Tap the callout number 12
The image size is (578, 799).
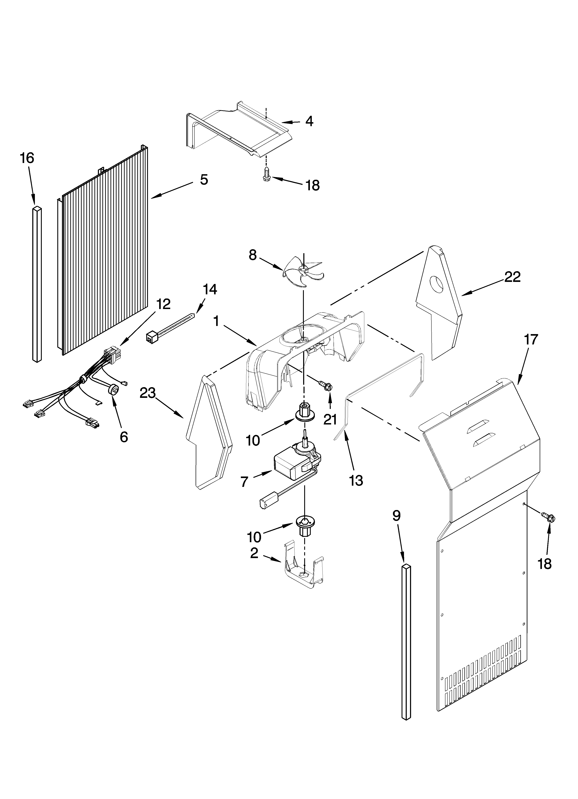(x=163, y=304)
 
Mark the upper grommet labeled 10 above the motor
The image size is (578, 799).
(x=304, y=413)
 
